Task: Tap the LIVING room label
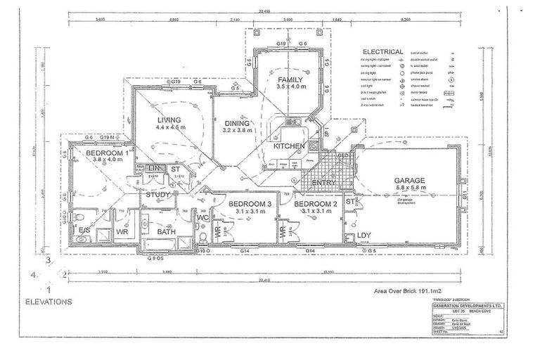coord(169,120)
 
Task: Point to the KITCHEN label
coord(289,146)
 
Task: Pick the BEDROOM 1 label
coord(107,153)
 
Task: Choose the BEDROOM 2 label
coord(316,204)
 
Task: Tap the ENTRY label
coord(324,182)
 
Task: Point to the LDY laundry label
coord(364,235)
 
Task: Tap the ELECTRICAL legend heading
coord(382,52)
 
